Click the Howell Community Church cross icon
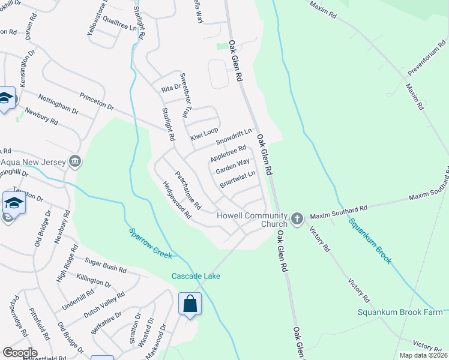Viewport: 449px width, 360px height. coord(297,220)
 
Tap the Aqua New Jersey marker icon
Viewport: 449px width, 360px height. coord(75,161)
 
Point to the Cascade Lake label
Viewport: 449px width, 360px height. coord(196,276)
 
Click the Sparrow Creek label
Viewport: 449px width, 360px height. coord(150,243)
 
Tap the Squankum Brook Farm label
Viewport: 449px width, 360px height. coord(400,312)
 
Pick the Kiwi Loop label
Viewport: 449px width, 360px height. coord(204,134)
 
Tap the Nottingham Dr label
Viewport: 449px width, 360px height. coord(58,104)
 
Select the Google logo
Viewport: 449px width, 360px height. coord(19,353)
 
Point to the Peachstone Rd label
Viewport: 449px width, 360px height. coord(187,186)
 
